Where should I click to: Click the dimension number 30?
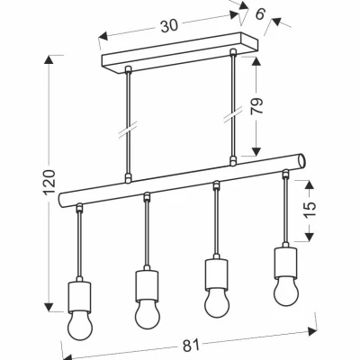click(x=169, y=26)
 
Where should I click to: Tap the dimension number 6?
click(x=260, y=13)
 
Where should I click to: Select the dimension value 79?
click(x=256, y=105)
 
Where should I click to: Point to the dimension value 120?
click(x=49, y=183)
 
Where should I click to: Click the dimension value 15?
click(x=310, y=209)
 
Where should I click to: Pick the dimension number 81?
click(x=191, y=346)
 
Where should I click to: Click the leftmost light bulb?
click(x=79, y=324)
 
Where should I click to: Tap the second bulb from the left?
click(x=147, y=314)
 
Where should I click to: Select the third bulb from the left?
click(x=217, y=303)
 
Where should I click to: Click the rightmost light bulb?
click(x=286, y=292)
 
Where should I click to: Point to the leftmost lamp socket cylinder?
click(x=79, y=296)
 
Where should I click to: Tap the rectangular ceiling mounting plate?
click(x=180, y=52)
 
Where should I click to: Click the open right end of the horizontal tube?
click(x=301, y=161)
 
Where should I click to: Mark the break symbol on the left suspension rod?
click(x=128, y=130)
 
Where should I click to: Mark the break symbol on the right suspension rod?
click(x=232, y=114)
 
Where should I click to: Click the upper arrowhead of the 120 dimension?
click(x=49, y=59)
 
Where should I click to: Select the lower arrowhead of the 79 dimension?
click(x=256, y=152)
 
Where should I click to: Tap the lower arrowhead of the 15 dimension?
click(x=310, y=237)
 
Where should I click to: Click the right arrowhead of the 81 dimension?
click(x=313, y=331)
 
